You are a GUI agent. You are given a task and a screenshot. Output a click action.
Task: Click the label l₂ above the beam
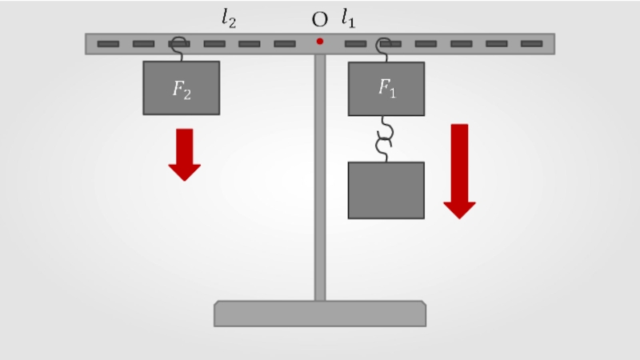[229, 18]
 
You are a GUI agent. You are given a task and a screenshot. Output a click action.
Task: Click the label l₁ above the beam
[348, 18]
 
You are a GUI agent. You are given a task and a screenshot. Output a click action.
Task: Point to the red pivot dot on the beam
[319, 41]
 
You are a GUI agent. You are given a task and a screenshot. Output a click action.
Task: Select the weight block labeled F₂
[181, 88]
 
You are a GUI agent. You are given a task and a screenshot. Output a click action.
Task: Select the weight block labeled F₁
[386, 89]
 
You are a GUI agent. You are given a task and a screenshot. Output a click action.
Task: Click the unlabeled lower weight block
[386, 190]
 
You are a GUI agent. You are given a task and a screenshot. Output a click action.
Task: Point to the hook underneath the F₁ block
[386, 127]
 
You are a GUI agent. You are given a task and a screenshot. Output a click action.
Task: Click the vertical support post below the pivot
[319, 176]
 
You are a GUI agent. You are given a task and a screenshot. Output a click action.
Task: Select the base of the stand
[319, 313]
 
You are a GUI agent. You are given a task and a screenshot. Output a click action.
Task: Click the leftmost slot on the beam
[109, 43]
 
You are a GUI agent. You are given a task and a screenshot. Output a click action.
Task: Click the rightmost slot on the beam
[531, 43]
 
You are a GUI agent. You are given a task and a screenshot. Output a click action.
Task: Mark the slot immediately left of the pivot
[285, 43]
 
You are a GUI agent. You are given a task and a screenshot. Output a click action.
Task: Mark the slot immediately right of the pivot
[355, 43]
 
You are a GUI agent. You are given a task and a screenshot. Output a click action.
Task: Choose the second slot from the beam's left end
[144, 43]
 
